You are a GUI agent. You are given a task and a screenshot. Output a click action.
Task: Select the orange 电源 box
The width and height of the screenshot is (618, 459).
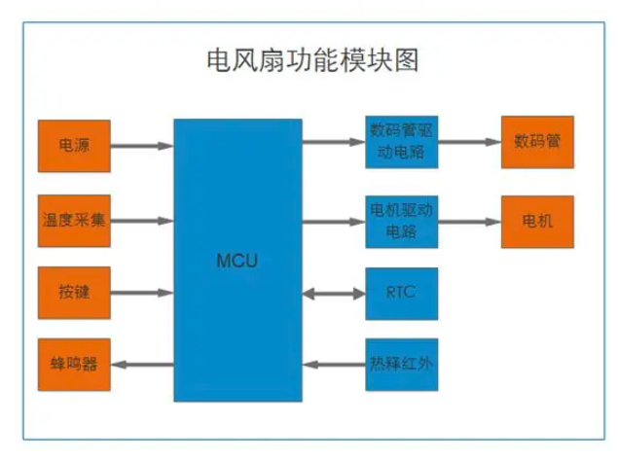point(74,146)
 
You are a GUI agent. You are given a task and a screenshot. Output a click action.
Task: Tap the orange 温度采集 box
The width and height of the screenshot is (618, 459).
point(74,220)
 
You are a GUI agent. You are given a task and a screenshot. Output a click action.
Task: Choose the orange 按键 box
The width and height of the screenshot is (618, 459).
point(74,292)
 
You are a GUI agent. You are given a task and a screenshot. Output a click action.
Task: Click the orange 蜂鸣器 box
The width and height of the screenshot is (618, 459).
point(74,365)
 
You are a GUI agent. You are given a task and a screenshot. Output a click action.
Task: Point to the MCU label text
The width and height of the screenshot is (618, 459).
point(237,261)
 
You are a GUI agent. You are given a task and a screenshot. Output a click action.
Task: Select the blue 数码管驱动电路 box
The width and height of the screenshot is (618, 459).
point(402,142)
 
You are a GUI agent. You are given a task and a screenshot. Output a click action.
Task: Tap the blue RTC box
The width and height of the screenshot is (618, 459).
point(402,293)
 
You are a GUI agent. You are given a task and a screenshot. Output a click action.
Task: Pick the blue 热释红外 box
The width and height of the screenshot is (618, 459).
point(402,365)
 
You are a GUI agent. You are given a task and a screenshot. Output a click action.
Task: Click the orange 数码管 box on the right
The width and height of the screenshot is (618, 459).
point(537,142)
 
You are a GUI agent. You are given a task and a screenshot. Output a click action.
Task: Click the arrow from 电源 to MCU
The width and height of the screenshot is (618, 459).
point(142,147)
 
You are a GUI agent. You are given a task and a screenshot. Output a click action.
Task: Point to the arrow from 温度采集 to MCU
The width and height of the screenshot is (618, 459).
point(142,220)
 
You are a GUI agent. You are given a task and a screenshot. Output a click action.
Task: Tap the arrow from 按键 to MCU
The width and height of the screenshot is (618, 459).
point(142,292)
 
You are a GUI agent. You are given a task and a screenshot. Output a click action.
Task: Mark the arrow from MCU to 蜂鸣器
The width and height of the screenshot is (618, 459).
point(142,365)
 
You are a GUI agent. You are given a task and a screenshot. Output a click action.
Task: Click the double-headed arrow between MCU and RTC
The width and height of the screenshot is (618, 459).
point(334,293)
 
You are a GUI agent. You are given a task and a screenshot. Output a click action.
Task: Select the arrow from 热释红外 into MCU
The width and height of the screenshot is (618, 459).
point(334,365)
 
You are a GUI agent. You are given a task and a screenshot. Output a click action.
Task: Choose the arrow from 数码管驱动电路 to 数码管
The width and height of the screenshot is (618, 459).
point(468,142)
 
